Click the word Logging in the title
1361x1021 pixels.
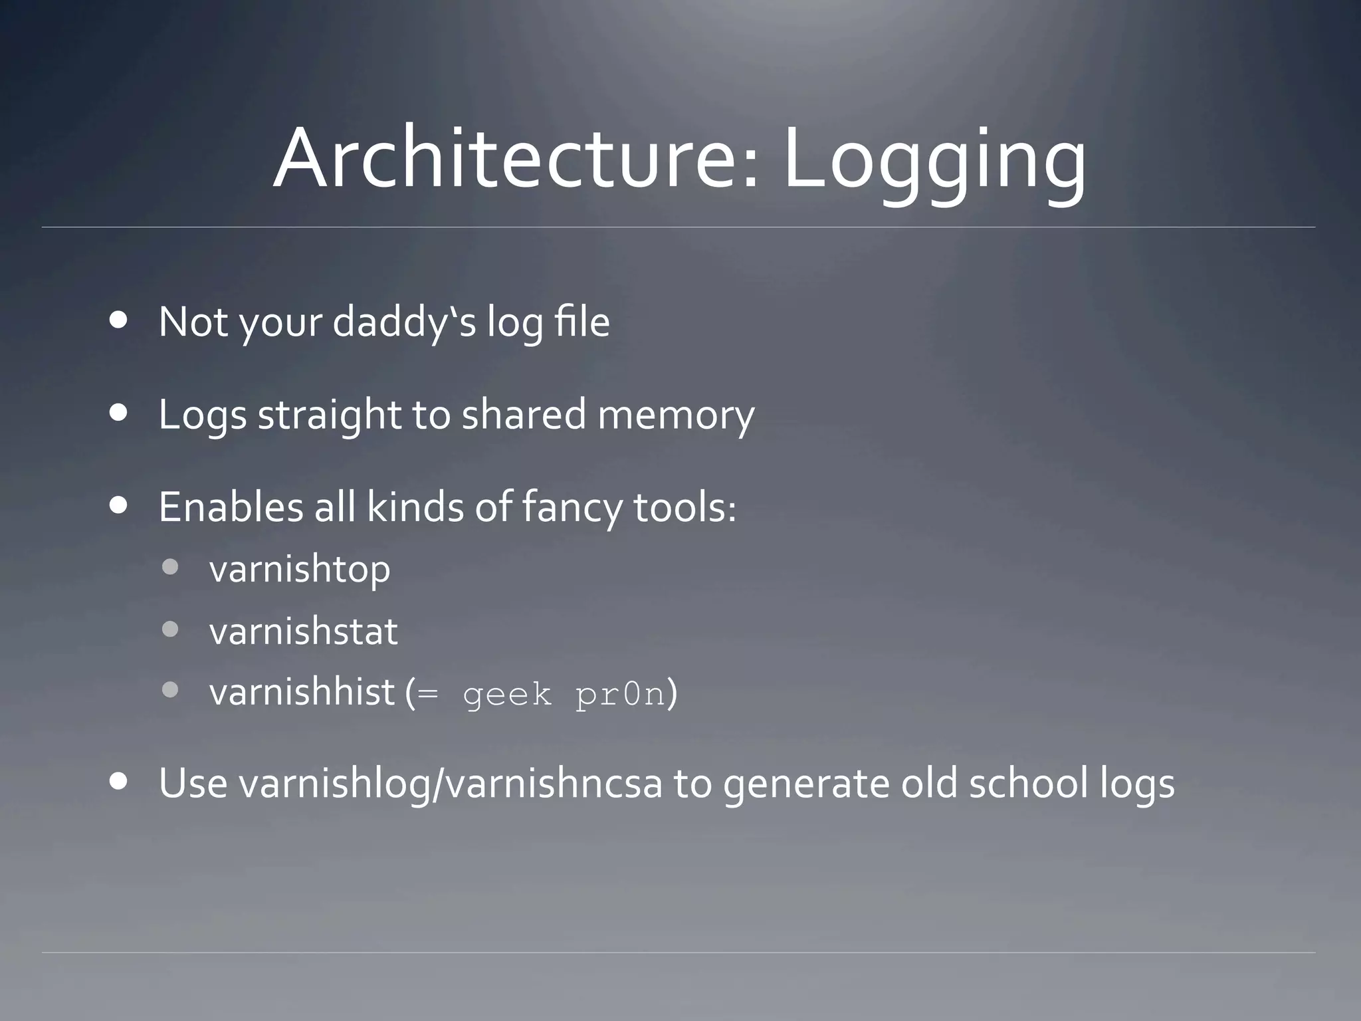click(934, 163)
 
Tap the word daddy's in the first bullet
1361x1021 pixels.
click(404, 323)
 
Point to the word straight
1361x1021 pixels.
click(329, 415)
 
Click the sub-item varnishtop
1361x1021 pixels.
click(299, 570)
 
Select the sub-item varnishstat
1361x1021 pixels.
click(303, 631)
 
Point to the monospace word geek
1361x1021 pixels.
click(507, 695)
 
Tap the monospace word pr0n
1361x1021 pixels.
click(619, 694)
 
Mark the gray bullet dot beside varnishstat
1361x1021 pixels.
click(170, 629)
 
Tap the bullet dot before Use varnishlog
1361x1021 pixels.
click(119, 781)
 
